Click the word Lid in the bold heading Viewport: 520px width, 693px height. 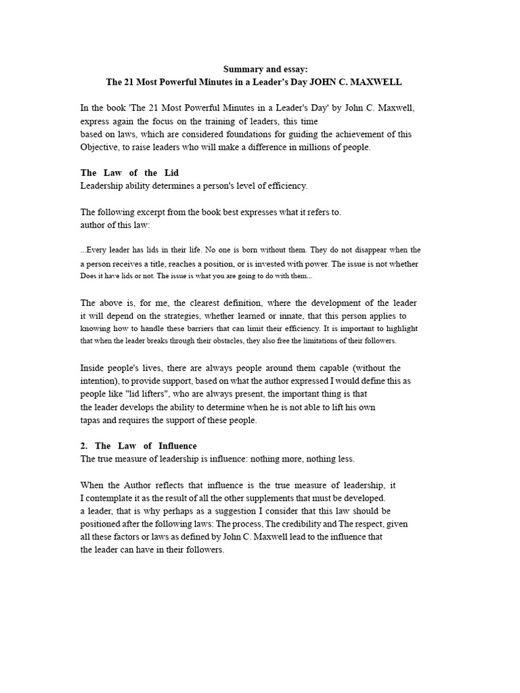tap(171, 173)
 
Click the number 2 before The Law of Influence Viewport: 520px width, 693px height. tap(83, 446)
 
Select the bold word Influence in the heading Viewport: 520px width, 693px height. tap(177, 446)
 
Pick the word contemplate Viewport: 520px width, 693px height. tap(111, 498)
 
